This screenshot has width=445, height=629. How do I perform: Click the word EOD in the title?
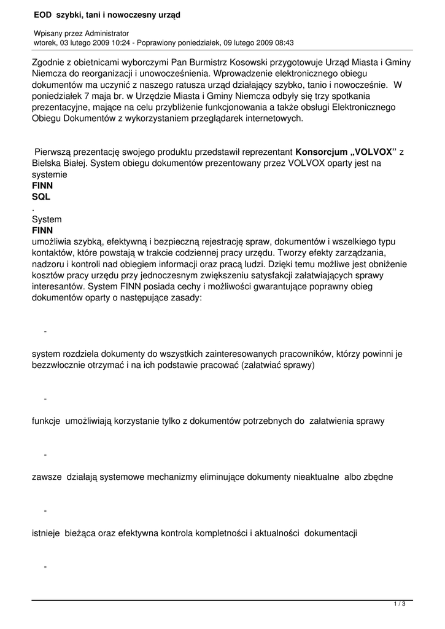point(42,14)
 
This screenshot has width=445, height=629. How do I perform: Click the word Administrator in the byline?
point(104,33)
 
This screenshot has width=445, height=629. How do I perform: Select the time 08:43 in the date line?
point(283,43)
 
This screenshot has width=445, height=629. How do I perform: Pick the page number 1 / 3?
point(399,604)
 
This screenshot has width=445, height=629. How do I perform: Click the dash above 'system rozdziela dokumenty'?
point(45,332)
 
